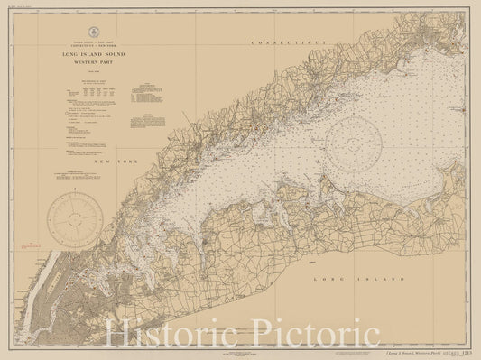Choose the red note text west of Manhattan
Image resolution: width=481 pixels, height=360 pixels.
pyautogui.click(x=30, y=246)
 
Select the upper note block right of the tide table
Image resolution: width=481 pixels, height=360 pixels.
pyautogui.click(x=137, y=90)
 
